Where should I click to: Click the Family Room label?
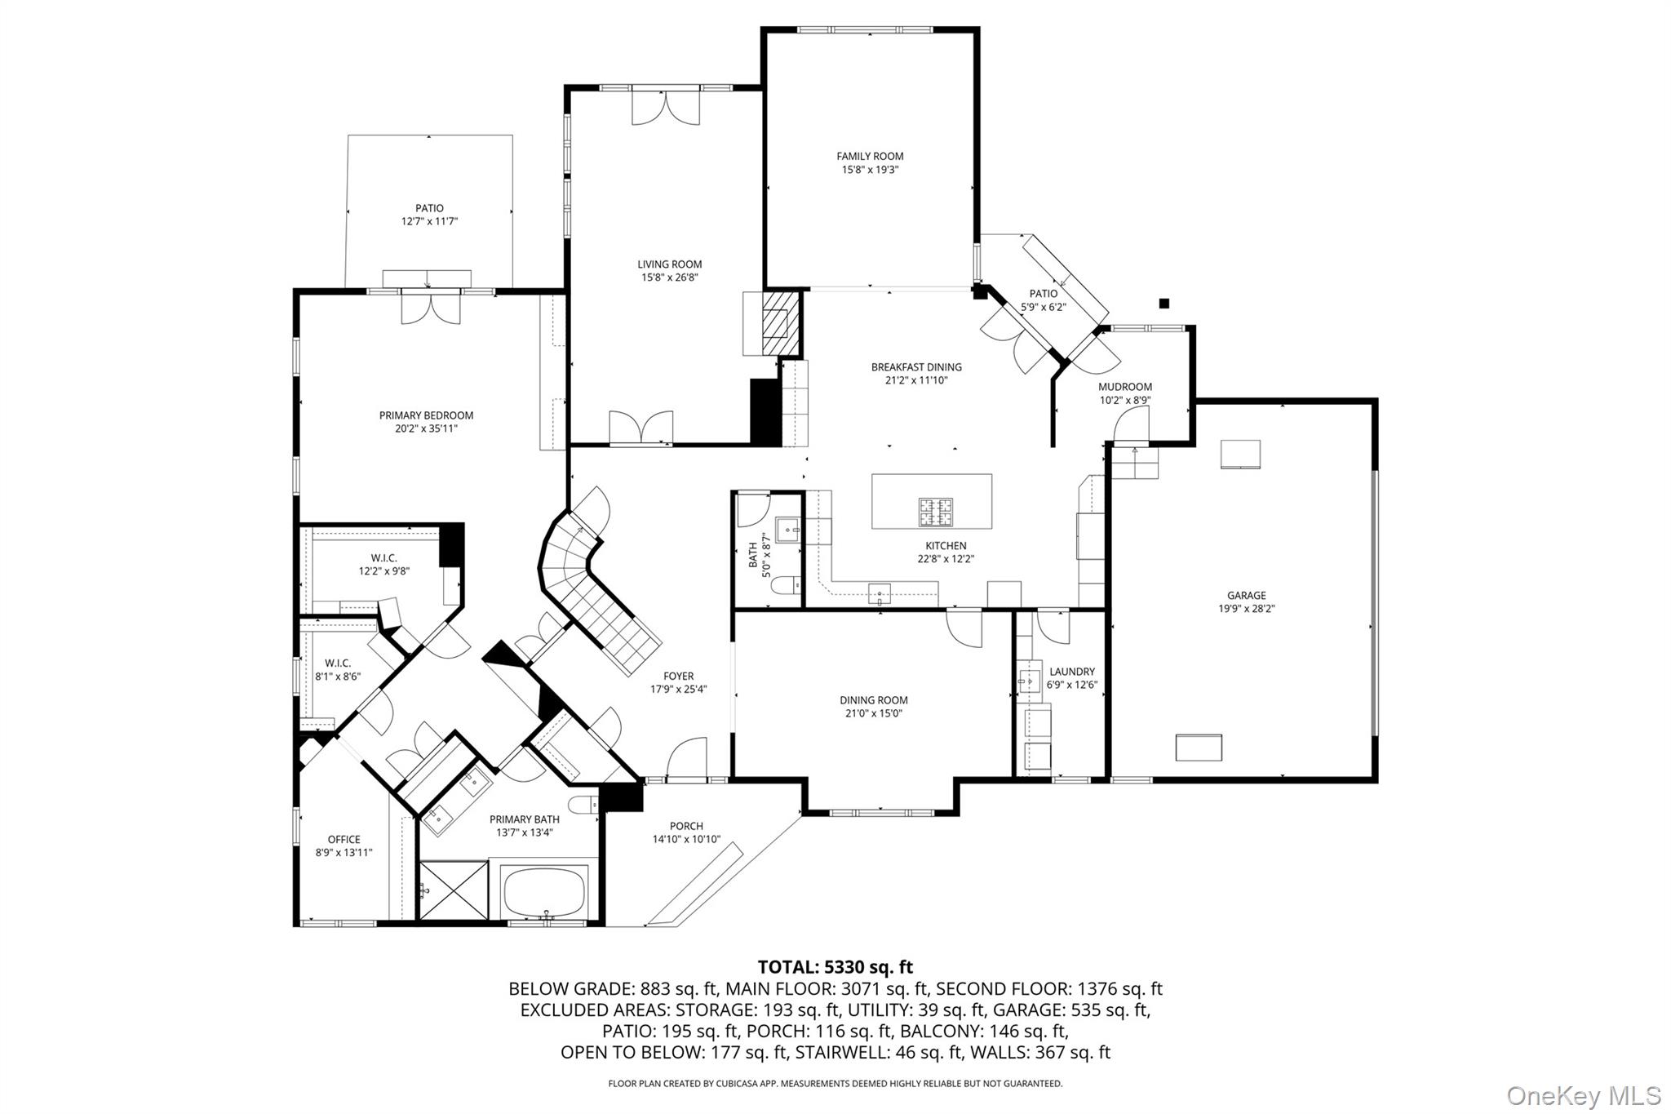[870, 156]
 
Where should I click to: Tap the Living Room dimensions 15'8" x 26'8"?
[669, 277]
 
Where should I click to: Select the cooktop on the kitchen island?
[936, 512]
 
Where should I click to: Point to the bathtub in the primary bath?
[545, 892]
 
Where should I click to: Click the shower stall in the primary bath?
[453, 892]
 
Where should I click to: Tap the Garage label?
[1246, 596]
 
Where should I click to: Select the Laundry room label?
[1072, 672]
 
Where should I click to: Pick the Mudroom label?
[1124, 387]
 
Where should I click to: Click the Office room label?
[344, 839]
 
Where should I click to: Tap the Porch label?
[686, 826]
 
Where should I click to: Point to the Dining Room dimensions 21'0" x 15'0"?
[873, 713]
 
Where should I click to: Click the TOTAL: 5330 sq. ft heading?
[835, 967]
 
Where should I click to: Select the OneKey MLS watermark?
[1583, 1094]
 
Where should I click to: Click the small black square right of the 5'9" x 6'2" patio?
[1164, 304]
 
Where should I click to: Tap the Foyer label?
[678, 676]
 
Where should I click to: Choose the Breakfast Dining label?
[915, 367]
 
